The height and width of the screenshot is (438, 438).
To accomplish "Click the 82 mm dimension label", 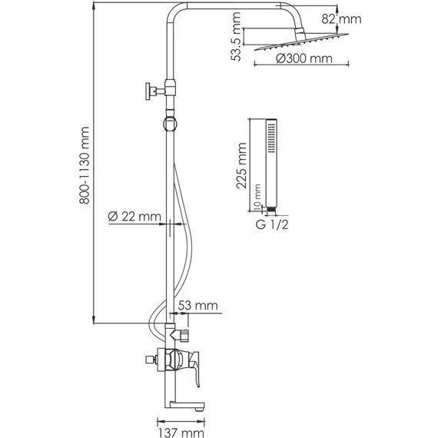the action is tap(341, 19).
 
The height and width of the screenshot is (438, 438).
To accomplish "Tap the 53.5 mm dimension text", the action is tap(236, 37).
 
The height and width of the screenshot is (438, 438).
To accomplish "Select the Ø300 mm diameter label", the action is tap(304, 58).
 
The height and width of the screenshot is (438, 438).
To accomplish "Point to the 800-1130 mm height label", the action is tap(84, 165).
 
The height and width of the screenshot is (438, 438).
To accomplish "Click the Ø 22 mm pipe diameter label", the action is tap(134, 217).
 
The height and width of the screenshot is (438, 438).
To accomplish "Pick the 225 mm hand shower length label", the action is tap(241, 166).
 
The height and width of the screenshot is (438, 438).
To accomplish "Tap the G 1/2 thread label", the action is tap(272, 224).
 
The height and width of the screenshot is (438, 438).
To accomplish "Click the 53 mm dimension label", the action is tap(197, 305).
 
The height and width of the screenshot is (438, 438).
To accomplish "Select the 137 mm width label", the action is tap(181, 433).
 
